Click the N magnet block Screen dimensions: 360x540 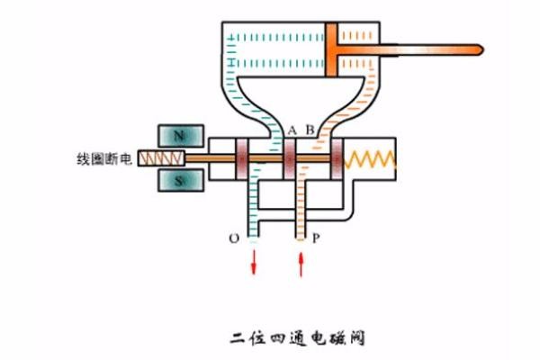point(178,136)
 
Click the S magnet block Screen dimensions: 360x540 point(178,181)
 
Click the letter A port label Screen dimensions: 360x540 point(292,130)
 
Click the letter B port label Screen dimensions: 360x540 point(310,130)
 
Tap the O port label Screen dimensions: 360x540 point(235,238)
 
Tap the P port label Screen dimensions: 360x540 point(315,238)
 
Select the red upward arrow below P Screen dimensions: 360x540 point(301,263)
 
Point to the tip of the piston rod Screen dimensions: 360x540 point(478,47)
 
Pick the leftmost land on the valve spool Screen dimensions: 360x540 point(242,159)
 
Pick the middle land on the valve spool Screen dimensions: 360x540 point(290,159)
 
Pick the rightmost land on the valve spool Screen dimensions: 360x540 point(337,159)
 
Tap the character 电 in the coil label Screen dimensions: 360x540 point(127,159)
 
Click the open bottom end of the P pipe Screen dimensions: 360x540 point(301,241)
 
